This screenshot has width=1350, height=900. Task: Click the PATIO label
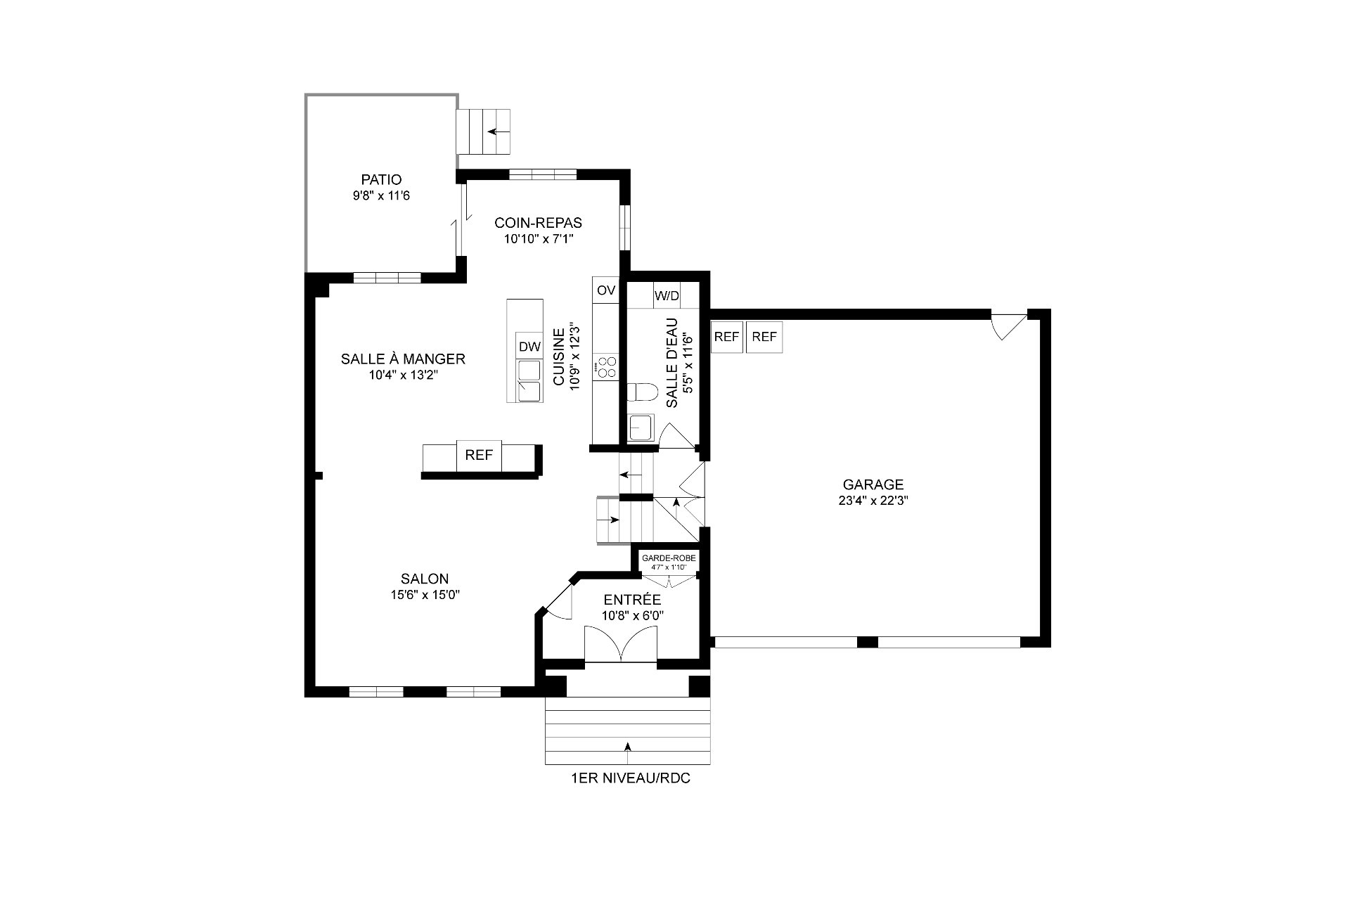coord(381,180)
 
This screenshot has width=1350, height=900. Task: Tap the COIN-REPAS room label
coord(539,223)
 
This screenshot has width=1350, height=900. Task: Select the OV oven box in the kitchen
coord(605,290)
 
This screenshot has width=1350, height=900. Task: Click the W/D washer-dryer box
coord(667,295)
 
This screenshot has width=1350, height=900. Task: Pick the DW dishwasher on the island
coord(529,346)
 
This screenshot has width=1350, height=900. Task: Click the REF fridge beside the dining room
coord(479,455)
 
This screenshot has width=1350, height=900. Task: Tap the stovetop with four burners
coord(605,367)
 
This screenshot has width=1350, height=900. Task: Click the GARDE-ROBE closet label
coord(669,558)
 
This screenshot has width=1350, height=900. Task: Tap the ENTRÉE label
coord(633,600)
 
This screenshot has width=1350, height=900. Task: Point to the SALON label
coord(425,579)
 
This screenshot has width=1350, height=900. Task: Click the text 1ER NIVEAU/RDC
coord(631,779)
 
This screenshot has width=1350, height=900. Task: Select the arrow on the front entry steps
coord(628,752)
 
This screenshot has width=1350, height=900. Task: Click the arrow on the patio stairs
coord(499,131)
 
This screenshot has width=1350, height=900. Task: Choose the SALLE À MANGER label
coord(403,359)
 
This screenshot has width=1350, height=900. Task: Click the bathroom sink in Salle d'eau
coord(641,427)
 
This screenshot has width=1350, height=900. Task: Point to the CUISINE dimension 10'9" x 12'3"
coord(574,357)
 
